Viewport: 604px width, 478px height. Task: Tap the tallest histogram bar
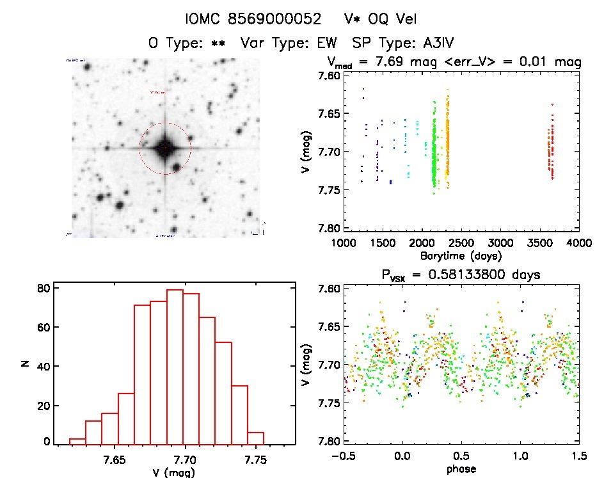point(175,367)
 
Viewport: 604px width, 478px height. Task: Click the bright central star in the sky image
point(164,148)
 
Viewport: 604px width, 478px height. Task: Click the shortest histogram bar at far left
point(77,441)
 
